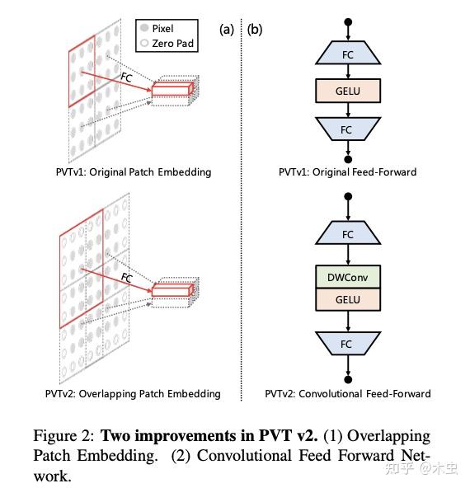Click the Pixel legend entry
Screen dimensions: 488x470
pos(167,28)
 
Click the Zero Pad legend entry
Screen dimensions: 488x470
pos(167,43)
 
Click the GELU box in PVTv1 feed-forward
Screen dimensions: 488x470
pos(346,90)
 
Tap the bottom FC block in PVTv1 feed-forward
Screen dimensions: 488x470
pos(346,129)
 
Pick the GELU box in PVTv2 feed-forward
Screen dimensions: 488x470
pos(347,300)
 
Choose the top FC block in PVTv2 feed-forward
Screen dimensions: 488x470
pos(347,234)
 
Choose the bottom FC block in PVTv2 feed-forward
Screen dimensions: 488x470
pos(347,344)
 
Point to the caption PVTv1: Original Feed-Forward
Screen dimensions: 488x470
pos(347,172)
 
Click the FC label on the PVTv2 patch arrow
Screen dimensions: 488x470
pos(126,278)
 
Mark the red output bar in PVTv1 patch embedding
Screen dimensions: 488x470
pos(171,91)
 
